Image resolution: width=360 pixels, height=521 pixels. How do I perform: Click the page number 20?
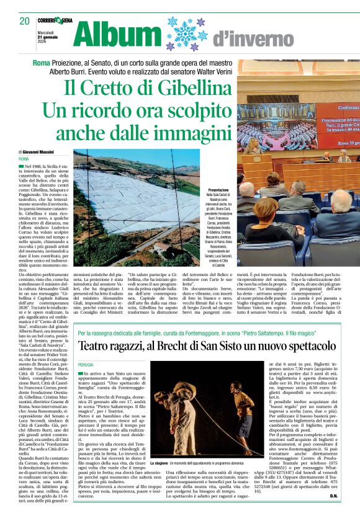pyautogui.click(x=24, y=21)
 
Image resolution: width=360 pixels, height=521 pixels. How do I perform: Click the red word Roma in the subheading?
pyautogui.click(x=42, y=64)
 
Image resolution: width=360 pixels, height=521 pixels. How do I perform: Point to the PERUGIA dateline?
pyautogui.click(x=86, y=365)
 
